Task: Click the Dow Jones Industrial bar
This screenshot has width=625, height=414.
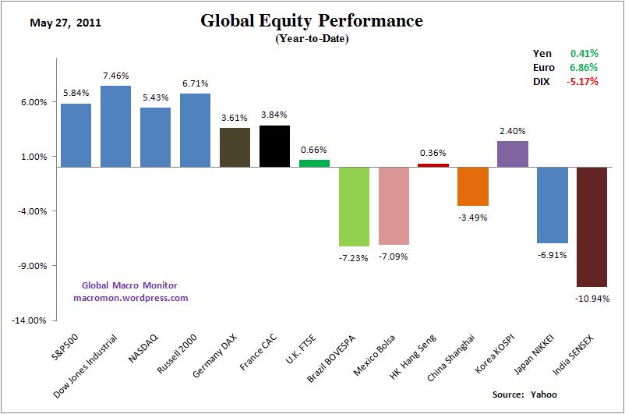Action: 115,126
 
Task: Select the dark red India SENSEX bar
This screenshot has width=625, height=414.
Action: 591,227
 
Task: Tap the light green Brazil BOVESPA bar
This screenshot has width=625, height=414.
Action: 354,207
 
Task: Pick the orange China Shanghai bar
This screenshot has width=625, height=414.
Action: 473,186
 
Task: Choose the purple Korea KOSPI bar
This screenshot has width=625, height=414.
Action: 513,154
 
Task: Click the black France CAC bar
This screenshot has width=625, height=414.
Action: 274,146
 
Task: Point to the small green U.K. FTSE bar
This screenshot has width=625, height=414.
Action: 314,163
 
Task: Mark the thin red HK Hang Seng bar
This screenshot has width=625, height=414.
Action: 433,165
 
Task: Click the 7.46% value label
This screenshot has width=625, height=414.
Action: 115,76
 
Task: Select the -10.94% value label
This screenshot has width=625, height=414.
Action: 591,298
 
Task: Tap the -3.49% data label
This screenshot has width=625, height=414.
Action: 472,218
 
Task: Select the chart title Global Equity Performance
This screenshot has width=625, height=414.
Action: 312,21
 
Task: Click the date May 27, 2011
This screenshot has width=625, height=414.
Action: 65,23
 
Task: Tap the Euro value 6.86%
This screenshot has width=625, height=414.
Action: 584,67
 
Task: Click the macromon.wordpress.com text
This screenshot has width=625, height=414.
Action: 131,297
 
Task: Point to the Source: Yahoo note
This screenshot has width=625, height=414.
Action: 525,395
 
